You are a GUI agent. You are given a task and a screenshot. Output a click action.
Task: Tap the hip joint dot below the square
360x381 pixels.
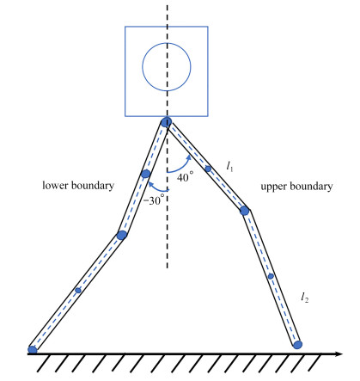tap(166, 122)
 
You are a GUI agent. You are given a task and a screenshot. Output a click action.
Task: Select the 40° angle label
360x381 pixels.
tap(185, 176)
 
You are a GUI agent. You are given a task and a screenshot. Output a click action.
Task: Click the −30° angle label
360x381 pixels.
tap(154, 200)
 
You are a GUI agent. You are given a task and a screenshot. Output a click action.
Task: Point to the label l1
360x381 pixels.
tap(229, 166)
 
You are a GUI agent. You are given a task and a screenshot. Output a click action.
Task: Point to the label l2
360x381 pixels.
tap(305, 298)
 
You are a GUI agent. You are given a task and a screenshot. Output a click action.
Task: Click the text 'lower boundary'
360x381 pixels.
tap(78, 186)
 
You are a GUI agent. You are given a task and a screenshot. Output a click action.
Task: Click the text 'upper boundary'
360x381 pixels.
tap(296, 187)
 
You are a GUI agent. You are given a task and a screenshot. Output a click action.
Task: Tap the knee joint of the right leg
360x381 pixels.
tap(244, 211)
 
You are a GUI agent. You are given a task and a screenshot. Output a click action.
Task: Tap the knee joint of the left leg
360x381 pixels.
tap(122, 235)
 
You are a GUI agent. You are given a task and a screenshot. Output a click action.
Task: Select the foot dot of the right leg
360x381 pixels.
tap(297, 345)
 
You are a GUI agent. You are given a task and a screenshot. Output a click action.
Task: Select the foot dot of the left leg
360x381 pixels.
tap(33, 349)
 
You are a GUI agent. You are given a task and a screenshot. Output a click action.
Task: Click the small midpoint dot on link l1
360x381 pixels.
tap(208, 169)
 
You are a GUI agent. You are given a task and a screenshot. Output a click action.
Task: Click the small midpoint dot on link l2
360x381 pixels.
tap(271, 276)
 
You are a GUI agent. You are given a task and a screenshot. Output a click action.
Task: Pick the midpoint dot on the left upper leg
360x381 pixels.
tap(146, 174)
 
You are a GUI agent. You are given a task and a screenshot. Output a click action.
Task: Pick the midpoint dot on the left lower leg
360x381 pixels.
tap(78, 291)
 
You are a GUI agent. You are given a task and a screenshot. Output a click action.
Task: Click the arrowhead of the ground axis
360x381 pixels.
tap(339, 353)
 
